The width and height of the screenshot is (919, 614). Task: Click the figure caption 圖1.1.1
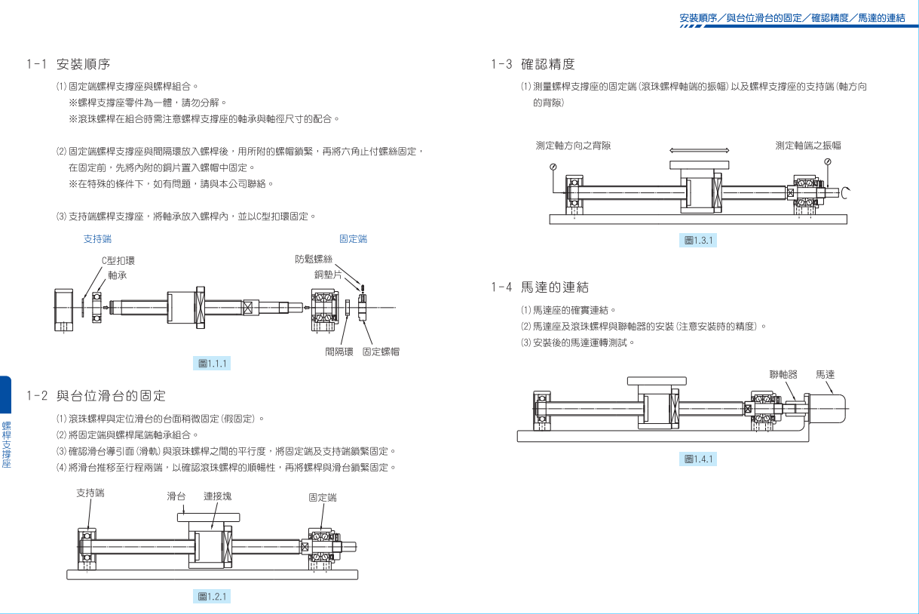click(213, 364)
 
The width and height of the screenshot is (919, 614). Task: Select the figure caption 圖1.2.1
click(213, 597)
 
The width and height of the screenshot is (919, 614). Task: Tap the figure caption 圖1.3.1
click(698, 241)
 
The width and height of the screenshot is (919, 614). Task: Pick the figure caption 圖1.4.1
click(698, 459)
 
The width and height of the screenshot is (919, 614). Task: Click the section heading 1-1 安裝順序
click(69, 64)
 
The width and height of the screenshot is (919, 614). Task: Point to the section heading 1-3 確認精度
click(533, 64)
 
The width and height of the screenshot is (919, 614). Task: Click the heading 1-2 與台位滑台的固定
click(96, 395)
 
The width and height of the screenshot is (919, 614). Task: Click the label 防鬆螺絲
click(314, 259)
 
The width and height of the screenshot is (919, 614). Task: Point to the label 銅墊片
click(328, 274)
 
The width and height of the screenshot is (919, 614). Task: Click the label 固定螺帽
click(381, 352)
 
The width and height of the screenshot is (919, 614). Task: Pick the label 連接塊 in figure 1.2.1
click(218, 496)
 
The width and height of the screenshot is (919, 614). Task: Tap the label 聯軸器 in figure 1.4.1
click(783, 374)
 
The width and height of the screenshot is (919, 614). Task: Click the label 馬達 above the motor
click(826, 374)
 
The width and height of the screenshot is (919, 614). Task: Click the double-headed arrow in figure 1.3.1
click(700, 150)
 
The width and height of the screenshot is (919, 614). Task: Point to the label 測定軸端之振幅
click(808, 145)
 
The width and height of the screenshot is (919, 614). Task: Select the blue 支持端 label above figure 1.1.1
click(97, 239)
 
